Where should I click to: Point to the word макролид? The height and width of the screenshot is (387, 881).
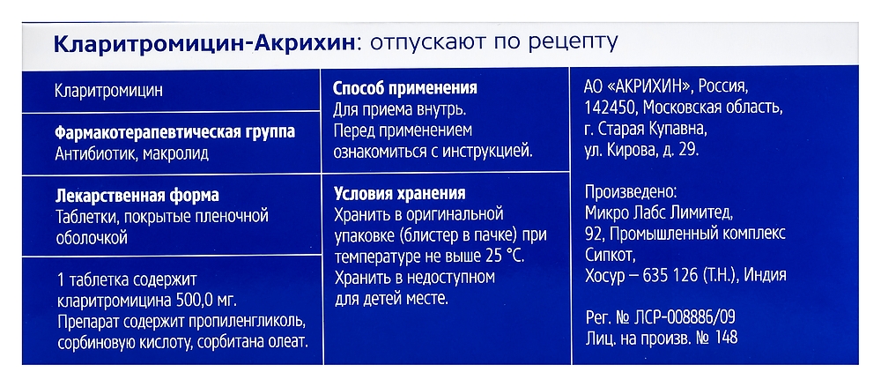(186, 153)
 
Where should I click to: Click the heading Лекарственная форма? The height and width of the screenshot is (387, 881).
(136, 195)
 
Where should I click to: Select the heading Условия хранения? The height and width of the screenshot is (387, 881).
(400, 194)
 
